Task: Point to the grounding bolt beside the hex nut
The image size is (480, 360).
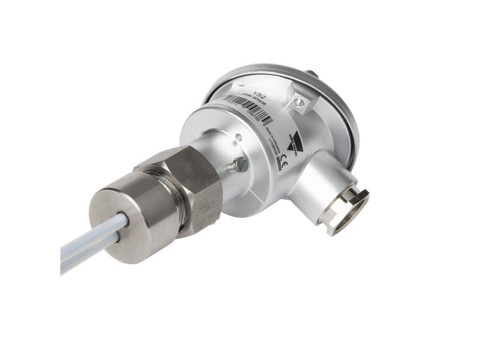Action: coord(239,163)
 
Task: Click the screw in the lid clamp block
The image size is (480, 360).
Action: coord(299,103)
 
